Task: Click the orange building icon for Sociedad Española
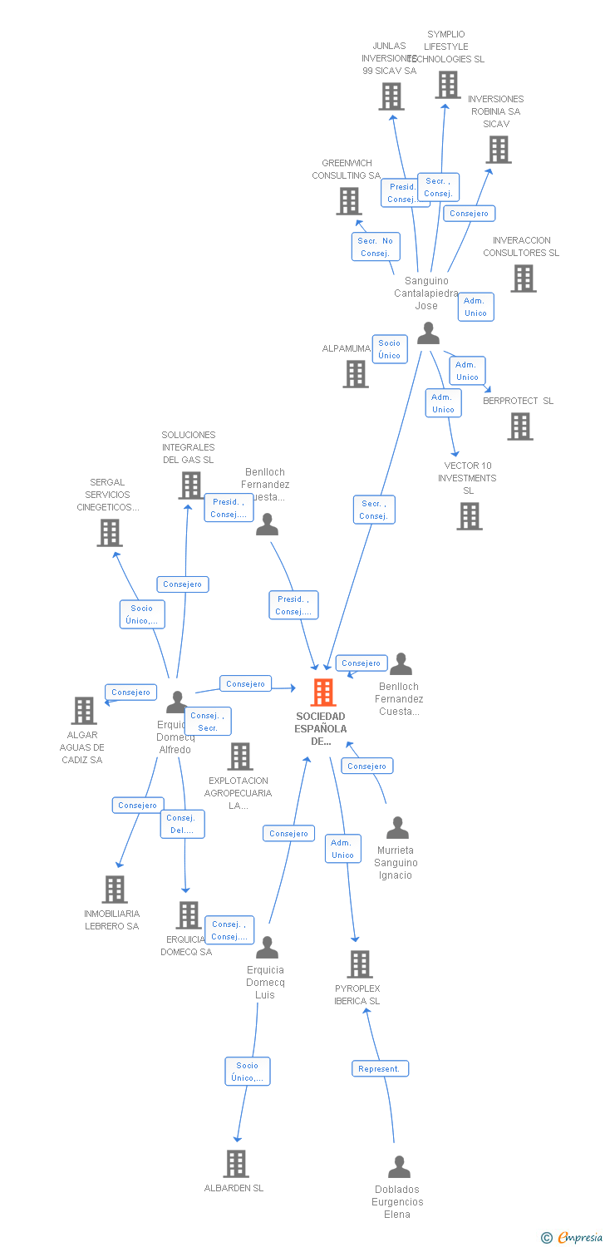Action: click(x=323, y=692)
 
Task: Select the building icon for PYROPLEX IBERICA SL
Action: click(x=359, y=964)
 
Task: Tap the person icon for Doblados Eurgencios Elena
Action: click(x=399, y=1167)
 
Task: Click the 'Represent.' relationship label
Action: click(x=380, y=1068)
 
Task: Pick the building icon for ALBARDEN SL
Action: click(x=236, y=1164)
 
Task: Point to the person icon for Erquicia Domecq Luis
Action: click(x=267, y=948)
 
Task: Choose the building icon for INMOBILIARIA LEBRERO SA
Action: click(x=115, y=890)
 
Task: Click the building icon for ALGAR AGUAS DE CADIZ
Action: click(x=84, y=711)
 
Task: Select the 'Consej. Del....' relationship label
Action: click(x=182, y=824)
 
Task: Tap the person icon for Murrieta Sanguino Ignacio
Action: click(x=397, y=828)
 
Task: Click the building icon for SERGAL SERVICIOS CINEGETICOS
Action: click(x=110, y=533)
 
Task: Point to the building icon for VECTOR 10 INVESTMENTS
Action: click(x=469, y=516)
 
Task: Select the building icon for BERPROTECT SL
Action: click(x=520, y=426)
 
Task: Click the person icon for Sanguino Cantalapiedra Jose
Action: click(x=428, y=333)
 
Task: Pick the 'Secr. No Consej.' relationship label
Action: click(x=375, y=247)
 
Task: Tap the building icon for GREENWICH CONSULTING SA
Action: click(x=349, y=201)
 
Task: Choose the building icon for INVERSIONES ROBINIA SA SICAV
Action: click(x=499, y=150)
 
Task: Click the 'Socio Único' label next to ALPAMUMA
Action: click(x=389, y=349)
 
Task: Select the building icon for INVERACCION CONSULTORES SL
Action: click(x=523, y=278)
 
